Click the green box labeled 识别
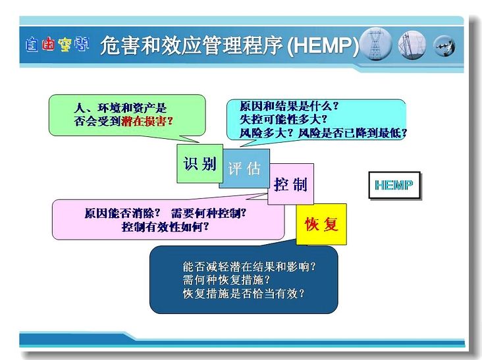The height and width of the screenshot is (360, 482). (x=200, y=163)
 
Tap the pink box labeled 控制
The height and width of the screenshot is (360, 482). (x=291, y=184)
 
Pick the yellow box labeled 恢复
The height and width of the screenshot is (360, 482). (x=321, y=224)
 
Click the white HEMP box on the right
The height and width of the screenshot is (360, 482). (x=394, y=185)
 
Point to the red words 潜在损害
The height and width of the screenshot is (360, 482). (x=144, y=121)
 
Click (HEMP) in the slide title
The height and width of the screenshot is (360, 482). (x=323, y=46)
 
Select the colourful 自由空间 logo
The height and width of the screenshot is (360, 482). (x=57, y=44)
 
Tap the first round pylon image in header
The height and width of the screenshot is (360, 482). (x=375, y=44)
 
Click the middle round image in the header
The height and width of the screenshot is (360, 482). (x=412, y=45)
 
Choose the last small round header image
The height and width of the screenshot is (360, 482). (x=444, y=46)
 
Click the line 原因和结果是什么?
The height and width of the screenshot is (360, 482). (x=289, y=106)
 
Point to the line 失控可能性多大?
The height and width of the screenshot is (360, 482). (x=283, y=120)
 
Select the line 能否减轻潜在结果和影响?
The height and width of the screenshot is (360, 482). (x=249, y=267)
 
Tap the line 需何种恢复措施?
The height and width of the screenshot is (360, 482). (x=226, y=280)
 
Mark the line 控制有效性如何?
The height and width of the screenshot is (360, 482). (x=165, y=227)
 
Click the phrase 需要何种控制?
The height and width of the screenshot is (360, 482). (x=209, y=213)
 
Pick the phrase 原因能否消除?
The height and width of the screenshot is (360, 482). (x=122, y=213)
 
